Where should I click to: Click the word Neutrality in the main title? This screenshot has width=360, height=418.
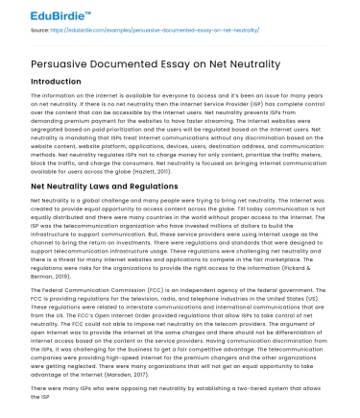(272, 64)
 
